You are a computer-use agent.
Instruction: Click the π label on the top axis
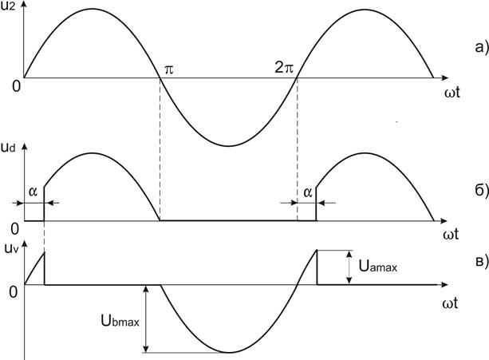click(x=168, y=69)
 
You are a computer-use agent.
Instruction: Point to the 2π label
click(x=285, y=69)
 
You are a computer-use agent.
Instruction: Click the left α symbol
click(x=32, y=192)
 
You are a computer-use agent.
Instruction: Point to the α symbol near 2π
click(x=306, y=192)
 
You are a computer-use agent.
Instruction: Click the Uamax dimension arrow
click(x=349, y=267)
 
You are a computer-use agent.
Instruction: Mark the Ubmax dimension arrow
click(x=146, y=318)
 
